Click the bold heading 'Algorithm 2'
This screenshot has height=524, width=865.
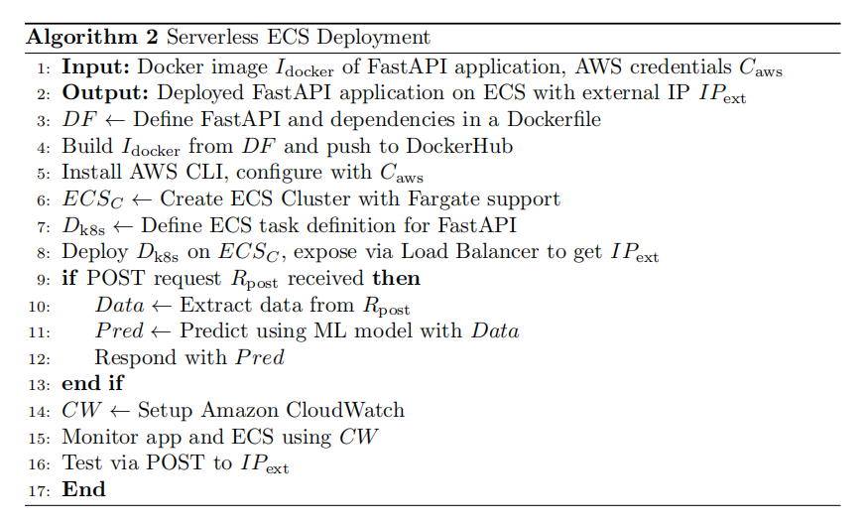tap(92, 38)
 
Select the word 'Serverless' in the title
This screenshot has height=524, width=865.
tap(212, 37)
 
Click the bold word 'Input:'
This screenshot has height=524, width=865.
tap(95, 67)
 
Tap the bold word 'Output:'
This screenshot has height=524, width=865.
tap(105, 93)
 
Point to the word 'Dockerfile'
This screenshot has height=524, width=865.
tap(554, 119)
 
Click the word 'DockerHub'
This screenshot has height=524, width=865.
tap(459, 146)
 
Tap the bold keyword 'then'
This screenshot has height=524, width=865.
tap(396, 278)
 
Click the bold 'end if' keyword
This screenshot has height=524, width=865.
tap(92, 383)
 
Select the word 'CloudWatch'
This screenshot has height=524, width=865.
tap(345, 410)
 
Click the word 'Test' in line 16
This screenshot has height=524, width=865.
tap(81, 462)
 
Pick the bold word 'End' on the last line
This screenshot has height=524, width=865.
tap(83, 489)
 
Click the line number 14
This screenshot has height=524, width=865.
tap(39, 412)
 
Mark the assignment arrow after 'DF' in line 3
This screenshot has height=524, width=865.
tap(115, 120)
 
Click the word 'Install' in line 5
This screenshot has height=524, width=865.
tap(91, 173)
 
